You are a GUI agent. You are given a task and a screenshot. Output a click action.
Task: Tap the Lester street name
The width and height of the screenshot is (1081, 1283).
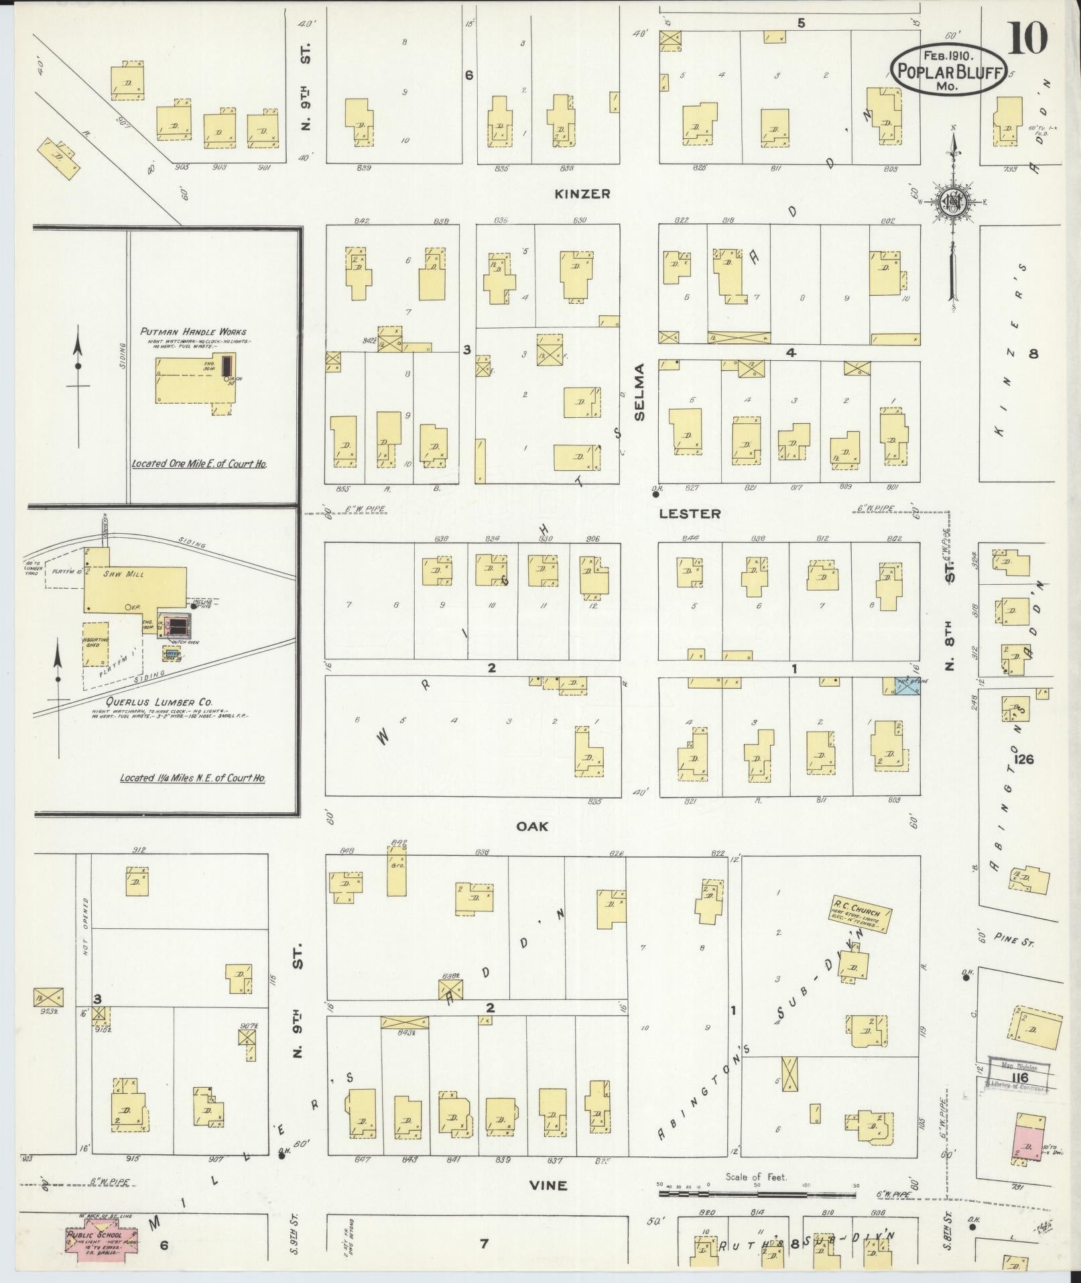pos(690,514)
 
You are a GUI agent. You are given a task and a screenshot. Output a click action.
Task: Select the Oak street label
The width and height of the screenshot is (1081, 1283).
pos(532,826)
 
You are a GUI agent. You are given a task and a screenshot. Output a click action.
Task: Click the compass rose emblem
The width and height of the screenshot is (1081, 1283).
pos(952,202)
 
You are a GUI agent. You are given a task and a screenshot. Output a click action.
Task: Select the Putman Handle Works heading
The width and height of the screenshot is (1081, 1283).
pos(193,331)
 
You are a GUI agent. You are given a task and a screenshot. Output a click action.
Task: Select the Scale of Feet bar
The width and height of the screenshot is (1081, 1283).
pos(757,1194)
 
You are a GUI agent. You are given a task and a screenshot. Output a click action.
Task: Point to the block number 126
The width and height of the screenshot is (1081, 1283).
pos(1024,759)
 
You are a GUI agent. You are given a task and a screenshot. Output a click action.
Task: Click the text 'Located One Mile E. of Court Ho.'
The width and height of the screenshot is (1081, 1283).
pos(199,463)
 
